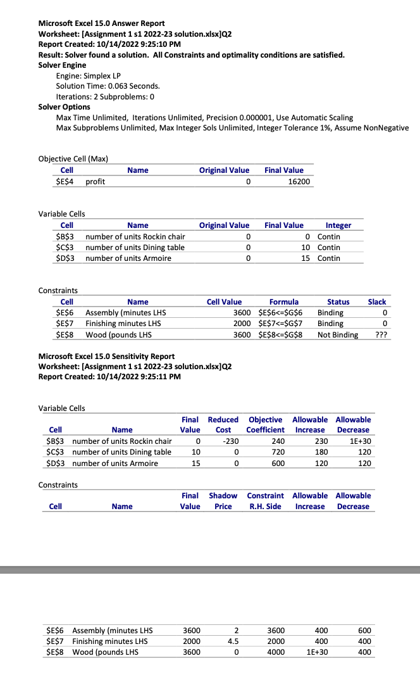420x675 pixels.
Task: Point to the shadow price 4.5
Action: tap(232, 641)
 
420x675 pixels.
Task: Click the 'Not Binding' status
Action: tap(338, 335)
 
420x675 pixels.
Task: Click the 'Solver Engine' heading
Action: tap(63, 65)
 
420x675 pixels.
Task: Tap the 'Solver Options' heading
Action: tap(65, 107)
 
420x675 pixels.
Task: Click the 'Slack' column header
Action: tap(377, 302)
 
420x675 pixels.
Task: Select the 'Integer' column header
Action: tap(338, 225)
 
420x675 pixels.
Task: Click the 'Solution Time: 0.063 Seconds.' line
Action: tap(108, 86)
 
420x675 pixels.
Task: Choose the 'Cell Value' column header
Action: tap(225, 302)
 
